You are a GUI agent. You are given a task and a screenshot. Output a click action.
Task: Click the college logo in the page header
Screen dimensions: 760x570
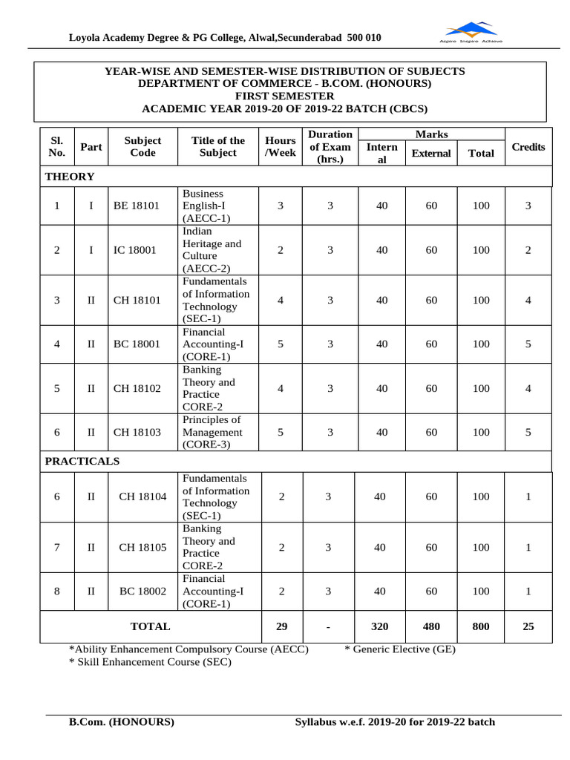click(472, 32)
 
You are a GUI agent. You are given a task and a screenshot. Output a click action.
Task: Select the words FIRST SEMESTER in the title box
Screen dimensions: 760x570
click(284, 96)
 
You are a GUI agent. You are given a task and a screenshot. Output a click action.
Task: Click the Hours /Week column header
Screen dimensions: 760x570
click(280, 146)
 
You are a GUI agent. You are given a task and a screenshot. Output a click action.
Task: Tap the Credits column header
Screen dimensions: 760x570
click(528, 147)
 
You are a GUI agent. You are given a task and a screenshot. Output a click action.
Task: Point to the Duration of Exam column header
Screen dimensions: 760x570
click(330, 146)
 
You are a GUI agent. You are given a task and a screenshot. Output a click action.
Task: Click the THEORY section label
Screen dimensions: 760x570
click(70, 177)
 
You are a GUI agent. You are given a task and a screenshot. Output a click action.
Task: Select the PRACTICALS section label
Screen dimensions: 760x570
click(82, 461)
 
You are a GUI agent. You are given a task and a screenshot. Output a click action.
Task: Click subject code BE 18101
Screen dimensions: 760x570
click(136, 206)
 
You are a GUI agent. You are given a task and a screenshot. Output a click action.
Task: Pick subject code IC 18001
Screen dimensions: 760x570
click(135, 250)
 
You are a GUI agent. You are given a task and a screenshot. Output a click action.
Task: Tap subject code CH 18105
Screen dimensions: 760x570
click(143, 547)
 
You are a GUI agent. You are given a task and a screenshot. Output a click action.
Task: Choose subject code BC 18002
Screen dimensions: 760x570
click(143, 591)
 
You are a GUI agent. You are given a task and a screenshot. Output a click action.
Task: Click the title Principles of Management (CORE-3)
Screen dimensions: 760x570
click(212, 432)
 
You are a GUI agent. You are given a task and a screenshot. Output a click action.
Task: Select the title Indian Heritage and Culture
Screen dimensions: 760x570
click(212, 250)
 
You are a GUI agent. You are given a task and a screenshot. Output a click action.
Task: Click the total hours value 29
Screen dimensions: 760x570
click(281, 626)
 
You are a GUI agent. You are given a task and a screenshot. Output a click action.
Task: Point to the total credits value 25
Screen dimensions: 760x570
click(528, 626)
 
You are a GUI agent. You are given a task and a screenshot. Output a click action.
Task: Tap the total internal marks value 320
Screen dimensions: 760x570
click(379, 626)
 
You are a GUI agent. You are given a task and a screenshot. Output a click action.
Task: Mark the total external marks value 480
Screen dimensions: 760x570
click(431, 626)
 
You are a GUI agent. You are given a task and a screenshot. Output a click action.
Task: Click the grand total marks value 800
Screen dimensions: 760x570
click(481, 626)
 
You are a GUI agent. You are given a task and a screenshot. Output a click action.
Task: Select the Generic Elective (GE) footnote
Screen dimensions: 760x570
click(400, 649)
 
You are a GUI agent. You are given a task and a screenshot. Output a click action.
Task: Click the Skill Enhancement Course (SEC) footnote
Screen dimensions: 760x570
click(149, 662)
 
